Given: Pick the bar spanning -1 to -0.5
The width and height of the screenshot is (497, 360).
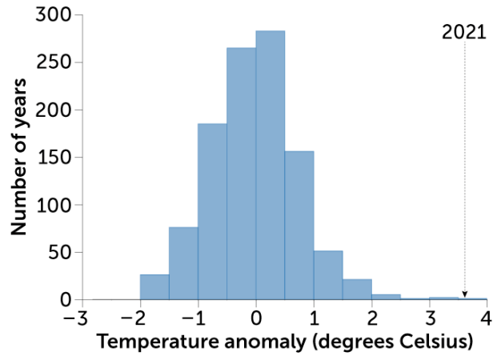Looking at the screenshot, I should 212,211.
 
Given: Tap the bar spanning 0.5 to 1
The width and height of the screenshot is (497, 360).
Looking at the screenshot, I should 299,225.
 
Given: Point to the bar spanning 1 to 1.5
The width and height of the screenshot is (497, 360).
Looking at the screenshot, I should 327,275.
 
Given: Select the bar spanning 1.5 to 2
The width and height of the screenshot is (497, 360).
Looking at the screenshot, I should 356,290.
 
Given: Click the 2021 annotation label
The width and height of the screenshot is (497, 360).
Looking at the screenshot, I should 463,34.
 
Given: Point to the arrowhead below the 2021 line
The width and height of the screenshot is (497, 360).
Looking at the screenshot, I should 464,294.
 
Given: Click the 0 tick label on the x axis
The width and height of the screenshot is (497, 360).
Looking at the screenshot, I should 255,317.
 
